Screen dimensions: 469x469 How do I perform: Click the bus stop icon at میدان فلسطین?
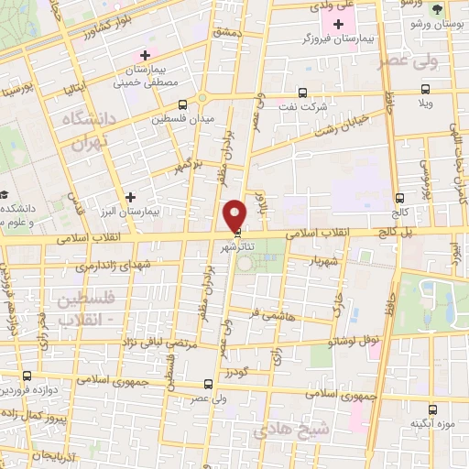coord(183,104)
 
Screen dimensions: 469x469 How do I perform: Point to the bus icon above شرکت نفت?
coord(303,92)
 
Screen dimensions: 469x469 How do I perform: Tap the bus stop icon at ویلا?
coord(424,89)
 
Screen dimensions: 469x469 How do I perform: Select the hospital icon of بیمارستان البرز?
coord(132,197)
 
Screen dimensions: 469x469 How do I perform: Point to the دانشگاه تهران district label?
coord(86,130)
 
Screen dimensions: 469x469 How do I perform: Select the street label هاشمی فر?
coord(272,313)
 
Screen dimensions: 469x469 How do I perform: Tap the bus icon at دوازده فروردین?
coord(27,376)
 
